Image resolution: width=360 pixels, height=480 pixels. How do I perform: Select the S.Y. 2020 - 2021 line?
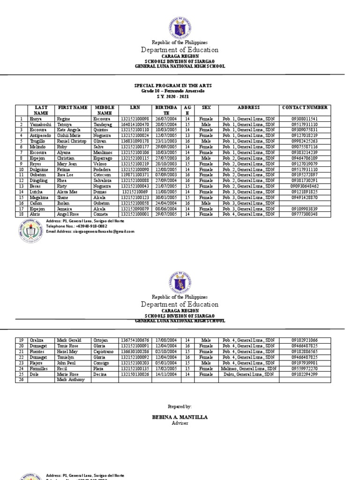click(x=180, y=96)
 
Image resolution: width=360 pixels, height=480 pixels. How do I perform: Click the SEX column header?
click(x=206, y=108)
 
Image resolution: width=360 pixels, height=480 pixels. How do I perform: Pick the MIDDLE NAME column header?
click(x=105, y=111)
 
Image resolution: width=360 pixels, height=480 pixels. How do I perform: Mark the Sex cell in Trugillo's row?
click(x=206, y=141)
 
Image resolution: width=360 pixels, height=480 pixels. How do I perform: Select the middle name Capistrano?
click(x=105, y=351)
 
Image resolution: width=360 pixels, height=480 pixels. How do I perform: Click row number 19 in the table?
click(x=22, y=340)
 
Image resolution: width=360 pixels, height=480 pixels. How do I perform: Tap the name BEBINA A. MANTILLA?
click(x=180, y=417)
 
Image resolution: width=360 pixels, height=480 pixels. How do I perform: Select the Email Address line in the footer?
click(x=90, y=232)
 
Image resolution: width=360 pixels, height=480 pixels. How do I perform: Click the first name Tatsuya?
click(x=65, y=125)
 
